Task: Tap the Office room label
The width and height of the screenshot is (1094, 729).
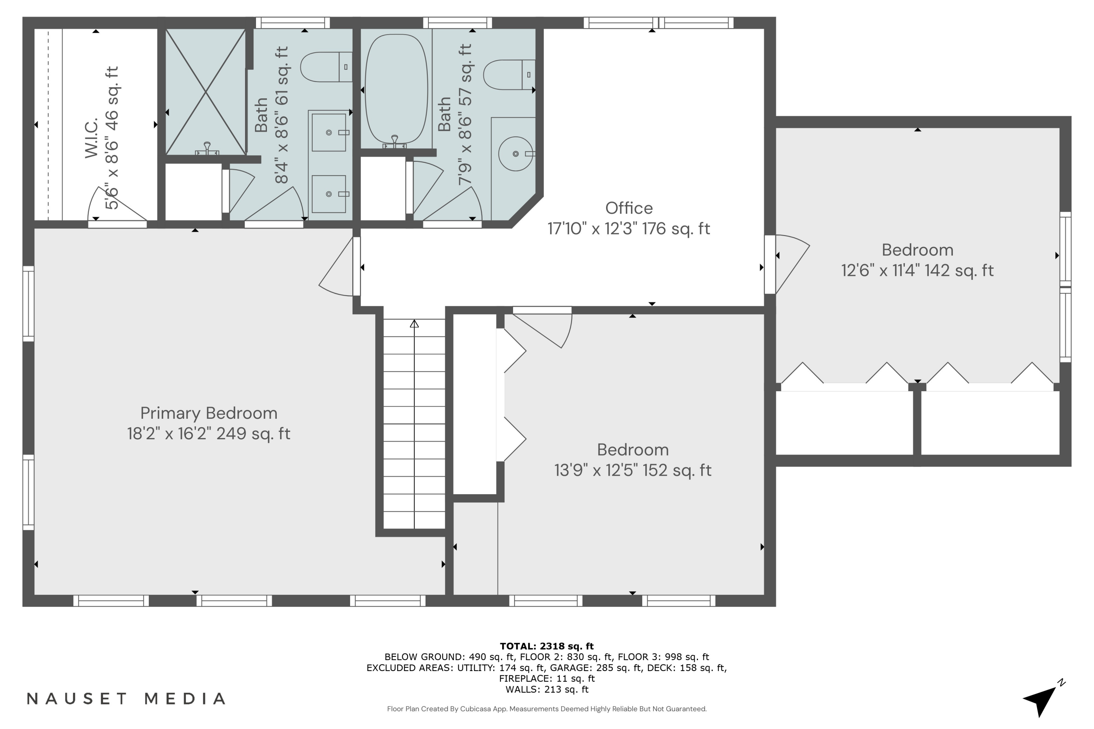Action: pyautogui.click(x=628, y=208)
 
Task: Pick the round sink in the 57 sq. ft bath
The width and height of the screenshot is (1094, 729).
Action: pyautogui.click(x=515, y=153)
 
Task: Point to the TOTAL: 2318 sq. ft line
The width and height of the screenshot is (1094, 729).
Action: pyautogui.click(x=547, y=646)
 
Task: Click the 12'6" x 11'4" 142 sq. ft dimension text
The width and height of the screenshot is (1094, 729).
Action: pyautogui.click(x=917, y=270)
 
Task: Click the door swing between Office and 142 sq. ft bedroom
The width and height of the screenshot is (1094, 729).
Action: pyautogui.click(x=791, y=263)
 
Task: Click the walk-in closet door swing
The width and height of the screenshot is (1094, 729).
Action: pyautogui.click(x=114, y=207)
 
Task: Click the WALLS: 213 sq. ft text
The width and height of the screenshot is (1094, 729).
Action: pyautogui.click(x=547, y=689)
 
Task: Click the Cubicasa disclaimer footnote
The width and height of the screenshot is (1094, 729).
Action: pyautogui.click(x=547, y=709)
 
